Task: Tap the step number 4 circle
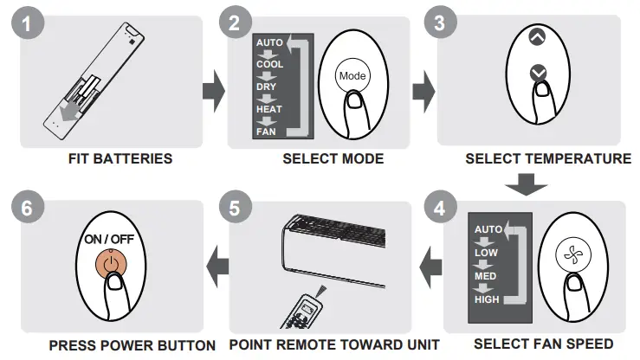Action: (x=441, y=209)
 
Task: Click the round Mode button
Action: (x=352, y=76)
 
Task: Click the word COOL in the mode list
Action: (x=269, y=65)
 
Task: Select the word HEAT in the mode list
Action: (x=268, y=110)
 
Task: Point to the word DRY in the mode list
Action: (x=266, y=87)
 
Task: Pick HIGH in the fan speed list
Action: (x=487, y=299)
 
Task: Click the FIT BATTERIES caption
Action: (x=120, y=159)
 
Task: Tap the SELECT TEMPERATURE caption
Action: (x=547, y=159)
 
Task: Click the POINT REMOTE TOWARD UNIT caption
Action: (x=334, y=344)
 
